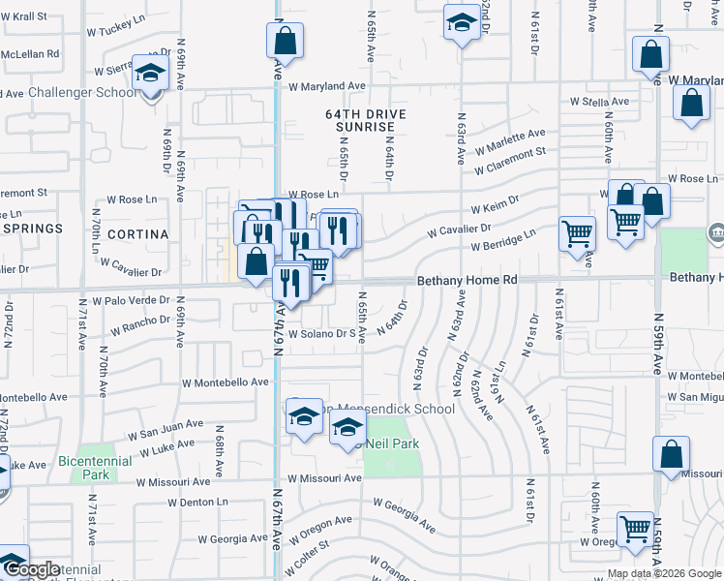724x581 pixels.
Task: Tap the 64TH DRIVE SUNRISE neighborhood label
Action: (365, 120)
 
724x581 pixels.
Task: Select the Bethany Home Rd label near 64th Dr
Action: (468, 280)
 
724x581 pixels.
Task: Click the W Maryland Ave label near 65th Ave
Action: (326, 86)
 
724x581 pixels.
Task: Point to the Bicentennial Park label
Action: (96, 468)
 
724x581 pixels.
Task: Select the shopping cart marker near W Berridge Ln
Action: (578, 233)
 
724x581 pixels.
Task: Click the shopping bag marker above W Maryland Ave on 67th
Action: (284, 42)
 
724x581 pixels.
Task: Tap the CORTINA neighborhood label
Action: (139, 234)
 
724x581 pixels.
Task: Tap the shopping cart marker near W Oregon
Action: (635, 530)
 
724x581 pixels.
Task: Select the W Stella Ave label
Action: (603, 101)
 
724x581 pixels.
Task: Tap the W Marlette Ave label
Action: (509, 140)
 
